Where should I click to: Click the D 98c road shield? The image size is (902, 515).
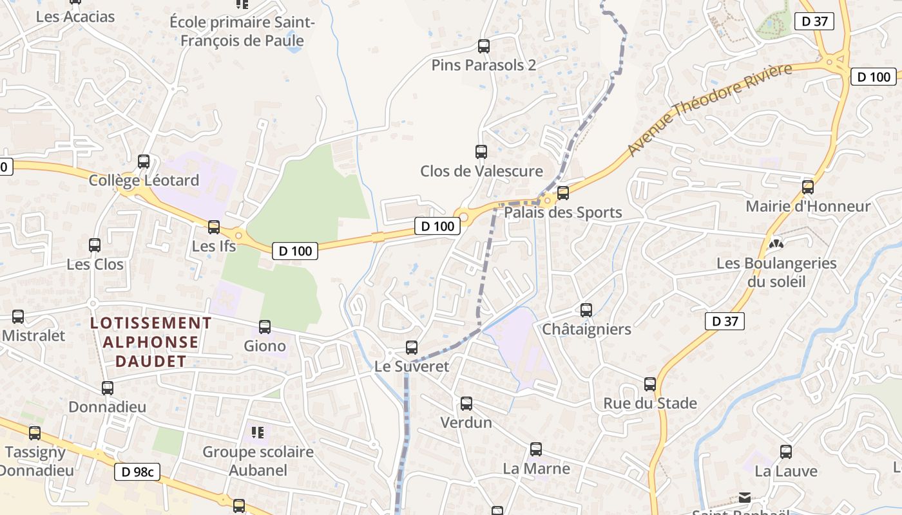tap(137, 472)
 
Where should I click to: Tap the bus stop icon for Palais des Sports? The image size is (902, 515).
tap(563, 192)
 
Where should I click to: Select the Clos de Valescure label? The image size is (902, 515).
tap(481, 171)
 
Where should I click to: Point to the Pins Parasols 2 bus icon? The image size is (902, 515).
tap(484, 46)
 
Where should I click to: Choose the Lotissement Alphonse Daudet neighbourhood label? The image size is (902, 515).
tap(151, 342)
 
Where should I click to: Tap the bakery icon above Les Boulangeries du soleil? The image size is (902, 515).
tap(776, 243)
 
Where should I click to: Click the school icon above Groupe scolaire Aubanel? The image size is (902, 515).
tap(258, 432)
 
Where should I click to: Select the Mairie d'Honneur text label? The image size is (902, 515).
tap(808, 207)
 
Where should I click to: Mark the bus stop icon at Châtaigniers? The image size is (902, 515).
tap(586, 310)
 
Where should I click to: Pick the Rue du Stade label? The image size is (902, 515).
tap(650, 404)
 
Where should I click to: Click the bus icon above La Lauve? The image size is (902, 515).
tap(786, 452)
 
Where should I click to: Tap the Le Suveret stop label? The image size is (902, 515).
tap(412, 366)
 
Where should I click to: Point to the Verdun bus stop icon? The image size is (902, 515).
tap(466, 404)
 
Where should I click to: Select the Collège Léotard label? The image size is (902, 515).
tap(144, 180)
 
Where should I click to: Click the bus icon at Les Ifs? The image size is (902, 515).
tap(214, 227)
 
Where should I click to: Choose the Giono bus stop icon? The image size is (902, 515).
tap(265, 327)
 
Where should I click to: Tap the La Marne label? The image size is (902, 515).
tap(536, 469)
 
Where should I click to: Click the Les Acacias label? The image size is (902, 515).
tap(75, 17)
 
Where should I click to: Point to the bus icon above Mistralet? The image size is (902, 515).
tap(18, 317)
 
